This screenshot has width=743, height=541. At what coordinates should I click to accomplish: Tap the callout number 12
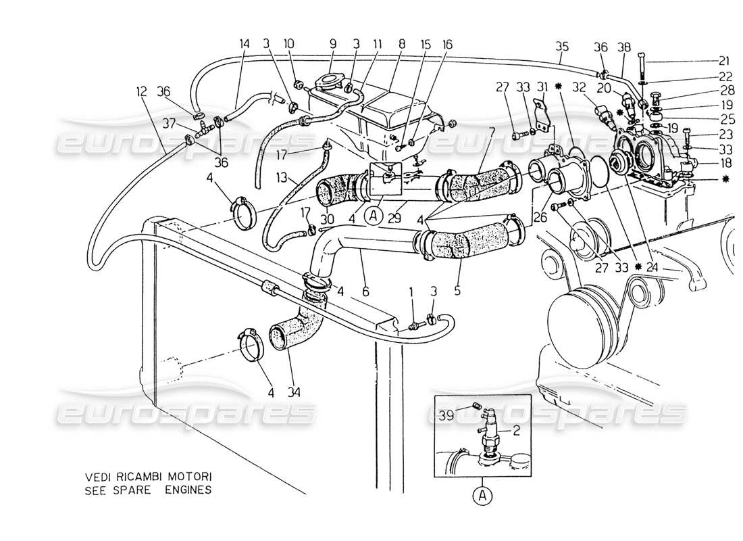click(140, 89)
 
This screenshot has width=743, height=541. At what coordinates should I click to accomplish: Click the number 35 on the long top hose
click(562, 47)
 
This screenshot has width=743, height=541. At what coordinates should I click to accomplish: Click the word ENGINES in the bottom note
click(190, 489)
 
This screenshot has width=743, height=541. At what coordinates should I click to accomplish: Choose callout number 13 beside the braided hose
click(282, 178)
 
